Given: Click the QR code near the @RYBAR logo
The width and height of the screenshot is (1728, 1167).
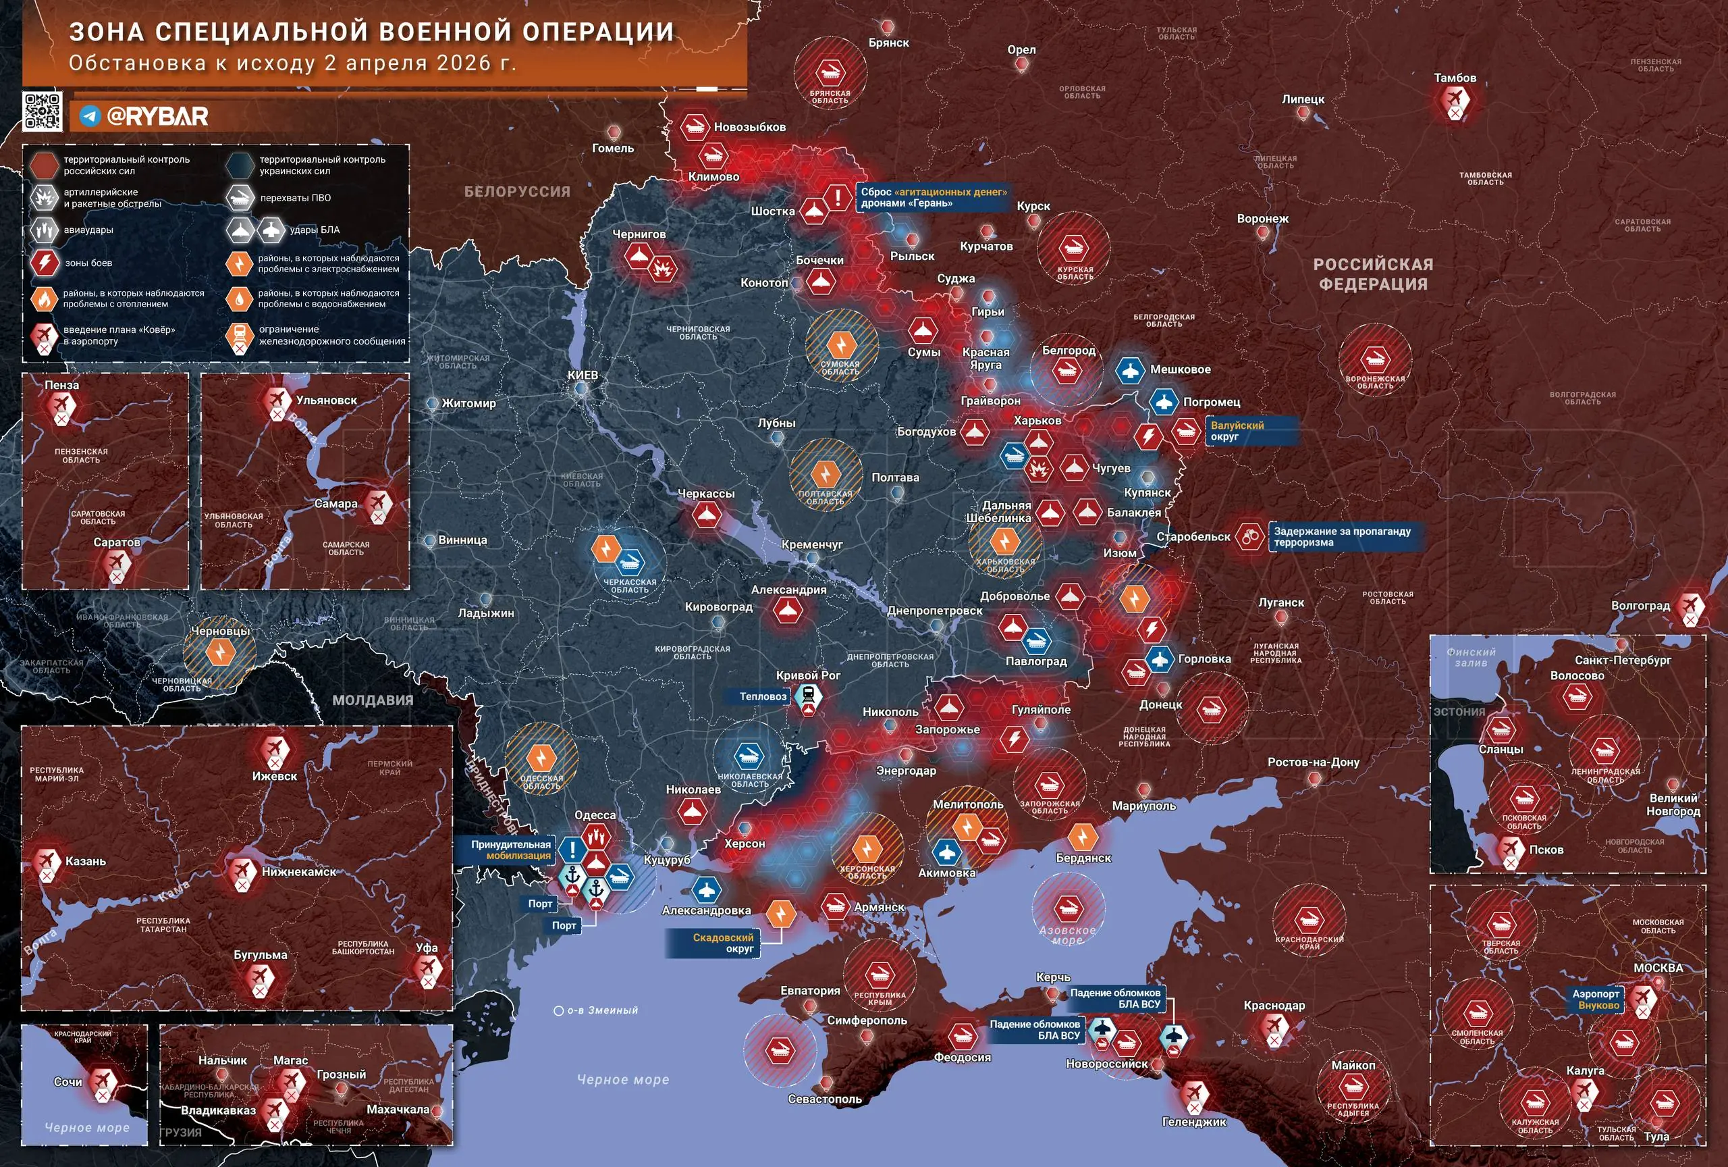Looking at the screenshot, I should click(x=42, y=112).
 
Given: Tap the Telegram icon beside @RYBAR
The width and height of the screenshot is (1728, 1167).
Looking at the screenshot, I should click(x=90, y=116).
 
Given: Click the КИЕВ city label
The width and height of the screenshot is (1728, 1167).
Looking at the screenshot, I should click(x=583, y=375).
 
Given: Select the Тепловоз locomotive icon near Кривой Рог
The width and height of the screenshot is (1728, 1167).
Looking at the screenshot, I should click(x=807, y=697).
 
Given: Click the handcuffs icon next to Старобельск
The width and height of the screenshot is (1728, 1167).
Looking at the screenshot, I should click(x=1249, y=536).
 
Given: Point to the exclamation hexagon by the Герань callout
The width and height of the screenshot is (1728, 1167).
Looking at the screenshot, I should click(x=838, y=198).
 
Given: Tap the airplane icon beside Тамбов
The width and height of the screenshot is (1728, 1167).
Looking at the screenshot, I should click(x=1454, y=99).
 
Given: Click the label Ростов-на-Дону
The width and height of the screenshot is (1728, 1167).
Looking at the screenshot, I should click(x=1313, y=762).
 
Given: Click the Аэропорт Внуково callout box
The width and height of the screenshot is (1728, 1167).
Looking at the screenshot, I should click(x=1596, y=1000).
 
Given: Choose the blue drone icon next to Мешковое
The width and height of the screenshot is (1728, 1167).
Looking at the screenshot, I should click(x=1129, y=370).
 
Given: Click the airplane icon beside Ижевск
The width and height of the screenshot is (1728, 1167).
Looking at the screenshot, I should click(x=274, y=748).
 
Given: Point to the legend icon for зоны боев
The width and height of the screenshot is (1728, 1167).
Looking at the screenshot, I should click(x=45, y=263).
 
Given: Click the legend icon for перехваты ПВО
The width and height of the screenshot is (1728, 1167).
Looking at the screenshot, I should click(x=240, y=198).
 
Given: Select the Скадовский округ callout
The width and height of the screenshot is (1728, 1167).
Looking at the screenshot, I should click(x=723, y=943).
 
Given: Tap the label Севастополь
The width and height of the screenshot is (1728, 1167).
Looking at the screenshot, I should click(x=825, y=1099).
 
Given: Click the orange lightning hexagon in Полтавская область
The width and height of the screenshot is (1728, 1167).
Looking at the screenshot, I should click(x=824, y=475).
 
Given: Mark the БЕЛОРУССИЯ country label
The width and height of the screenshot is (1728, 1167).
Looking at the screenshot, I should click(x=517, y=192).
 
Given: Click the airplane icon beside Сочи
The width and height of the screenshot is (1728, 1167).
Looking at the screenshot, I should click(x=103, y=1081).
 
